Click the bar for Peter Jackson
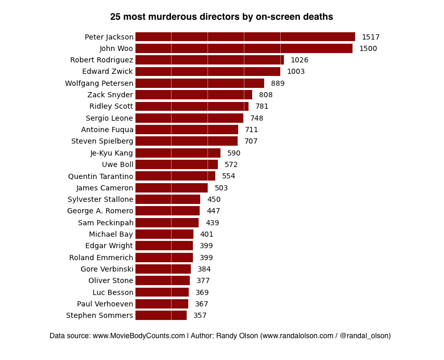[x=245, y=37]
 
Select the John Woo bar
[x=244, y=48]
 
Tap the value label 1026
[x=299, y=60]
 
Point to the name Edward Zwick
[x=108, y=71]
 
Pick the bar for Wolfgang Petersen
[x=200, y=83]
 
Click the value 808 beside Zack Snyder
[x=266, y=95]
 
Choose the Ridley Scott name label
[x=111, y=106]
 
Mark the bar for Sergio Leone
[x=189, y=118]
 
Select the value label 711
[x=252, y=130]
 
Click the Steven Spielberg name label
[x=102, y=141]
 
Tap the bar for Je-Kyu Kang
[x=178, y=153]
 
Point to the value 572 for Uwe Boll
[x=231, y=164]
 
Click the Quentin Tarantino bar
[x=175, y=176]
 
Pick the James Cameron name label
[x=105, y=188]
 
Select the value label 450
[x=214, y=199]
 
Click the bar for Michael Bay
[x=164, y=234]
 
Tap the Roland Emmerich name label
[x=101, y=258]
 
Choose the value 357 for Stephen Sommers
[x=200, y=315]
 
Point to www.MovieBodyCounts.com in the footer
[x=139, y=336]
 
